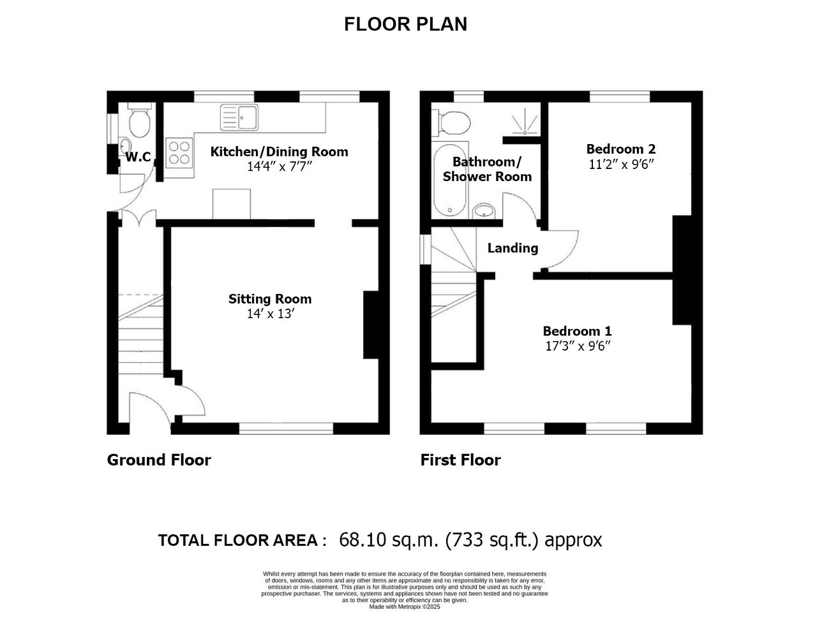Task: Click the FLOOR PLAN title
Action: click(x=405, y=24)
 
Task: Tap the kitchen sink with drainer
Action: click(x=239, y=117)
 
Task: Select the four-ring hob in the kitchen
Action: click(x=179, y=153)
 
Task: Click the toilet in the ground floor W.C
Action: click(x=140, y=119)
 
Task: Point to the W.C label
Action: click(x=138, y=157)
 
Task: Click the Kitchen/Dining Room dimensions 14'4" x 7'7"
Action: click(x=280, y=166)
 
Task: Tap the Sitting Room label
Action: click(x=270, y=299)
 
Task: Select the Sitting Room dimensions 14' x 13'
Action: click(x=270, y=314)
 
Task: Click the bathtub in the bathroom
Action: click(x=450, y=180)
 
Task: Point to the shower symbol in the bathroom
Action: click(x=525, y=122)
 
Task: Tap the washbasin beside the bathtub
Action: click(x=484, y=210)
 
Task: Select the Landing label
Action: click(x=513, y=248)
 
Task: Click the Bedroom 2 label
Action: click(x=621, y=149)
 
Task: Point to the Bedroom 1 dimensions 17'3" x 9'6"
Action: click(x=578, y=346)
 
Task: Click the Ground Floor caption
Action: click(x=159, y=460)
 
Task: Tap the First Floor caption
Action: click(x=461, y=460)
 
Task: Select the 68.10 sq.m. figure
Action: click(x=389, y=540)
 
